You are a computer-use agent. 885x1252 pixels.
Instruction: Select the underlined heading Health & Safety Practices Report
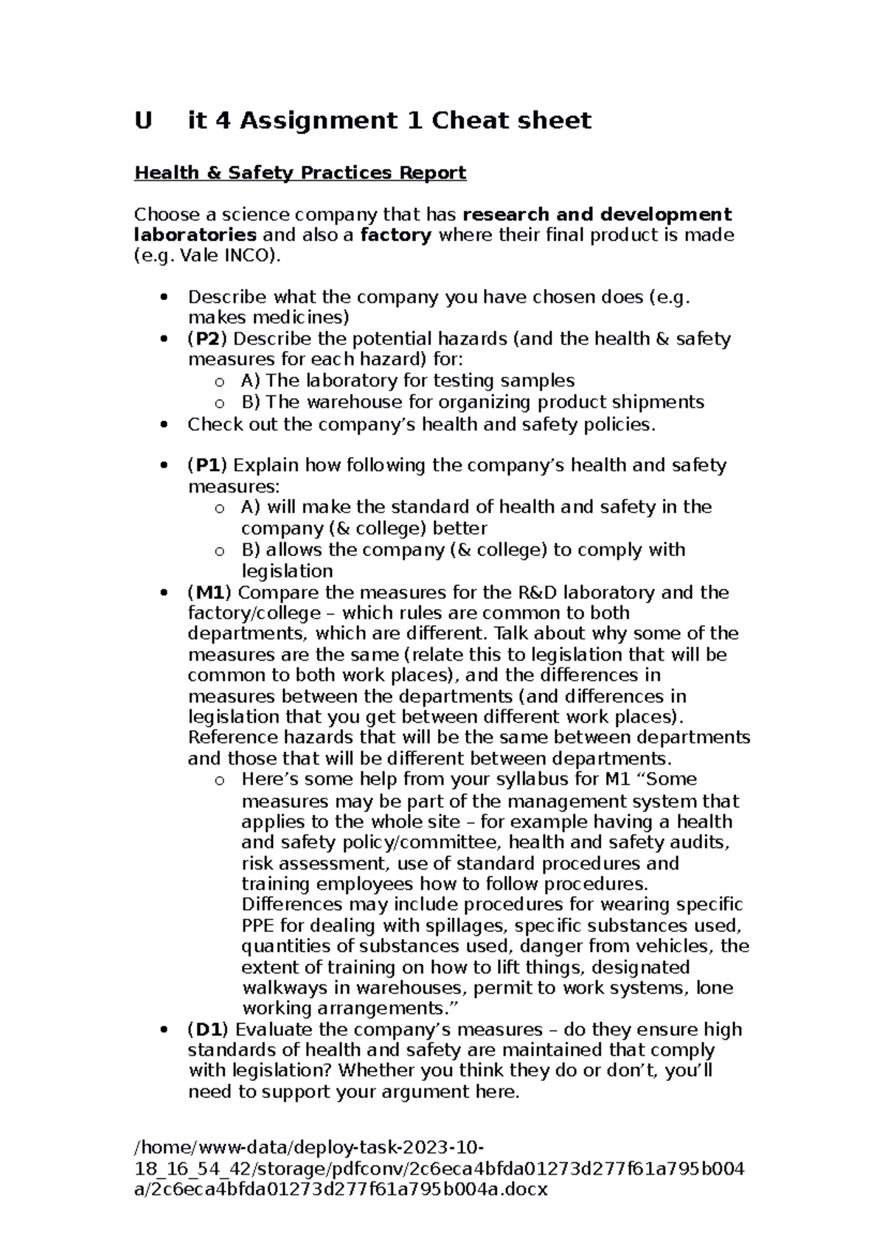pyautogui.click(x=299, y=173)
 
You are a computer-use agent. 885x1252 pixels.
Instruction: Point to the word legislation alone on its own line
pyautogui.click(x=287, y=571)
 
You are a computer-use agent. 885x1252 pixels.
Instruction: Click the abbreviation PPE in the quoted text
pyautogui.click(x=258, y=926)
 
